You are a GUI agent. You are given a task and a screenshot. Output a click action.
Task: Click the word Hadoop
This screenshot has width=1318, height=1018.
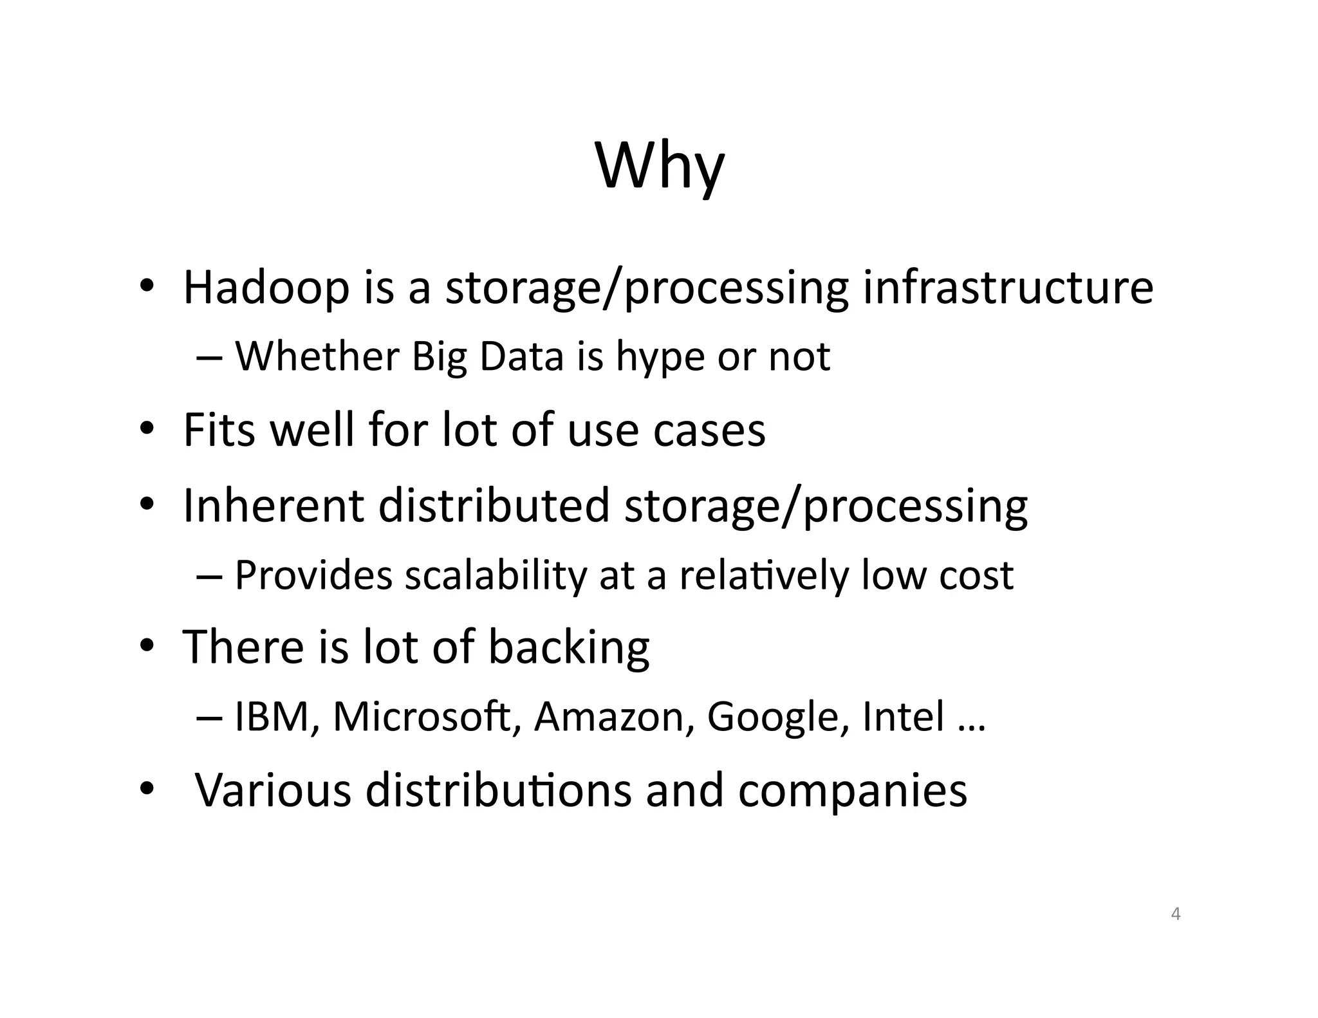point(266,287)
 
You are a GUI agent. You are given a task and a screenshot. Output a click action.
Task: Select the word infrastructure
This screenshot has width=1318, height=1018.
point(1008,287)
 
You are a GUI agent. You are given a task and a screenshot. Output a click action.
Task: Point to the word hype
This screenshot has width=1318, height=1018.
point(659,358)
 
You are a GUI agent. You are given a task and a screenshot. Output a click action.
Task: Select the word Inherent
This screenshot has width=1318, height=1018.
point(274,505)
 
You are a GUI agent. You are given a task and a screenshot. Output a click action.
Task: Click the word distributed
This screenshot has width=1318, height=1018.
point(494,505)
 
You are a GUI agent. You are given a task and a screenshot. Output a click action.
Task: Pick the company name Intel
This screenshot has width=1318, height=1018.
point(903,716)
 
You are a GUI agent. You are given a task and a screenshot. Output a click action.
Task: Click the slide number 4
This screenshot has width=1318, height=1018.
point(1176,914)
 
